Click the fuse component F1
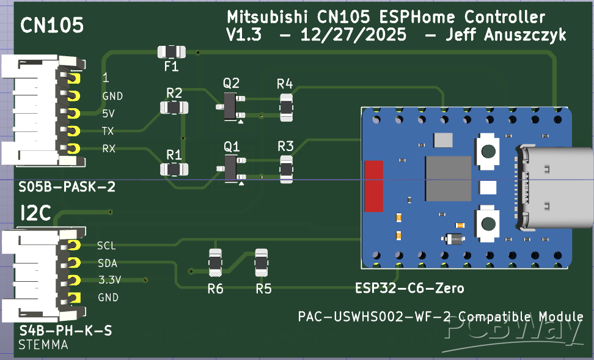(x=171, y=52)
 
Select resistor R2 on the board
(x=174, y=108)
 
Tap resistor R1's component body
(x=174, y=169)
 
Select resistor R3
(x=285, y=169)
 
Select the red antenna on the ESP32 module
(x=373, y=186)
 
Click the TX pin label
(x=108, y=131)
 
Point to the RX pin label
(x=109, y=149)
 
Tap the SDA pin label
(x=107, y=263)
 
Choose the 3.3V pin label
(x=110, y=281)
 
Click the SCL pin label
(x=106, y=246)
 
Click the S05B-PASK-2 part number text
(x=67, y=186)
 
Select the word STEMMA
(x=43, y=345)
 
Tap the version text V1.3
(x=244, y=35)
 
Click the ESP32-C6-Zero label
(x=409, y=288)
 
